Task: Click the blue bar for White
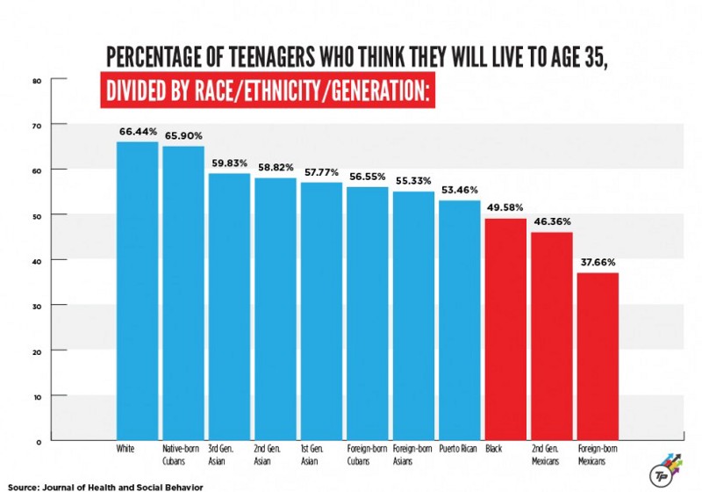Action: [137, 290]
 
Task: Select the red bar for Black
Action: [505, 329]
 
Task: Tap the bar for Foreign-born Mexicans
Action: [598, 356]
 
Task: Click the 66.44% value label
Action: [138, 132]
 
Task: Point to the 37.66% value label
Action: [598, 262]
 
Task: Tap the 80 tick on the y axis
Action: [37, 81]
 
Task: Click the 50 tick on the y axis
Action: [37, 215]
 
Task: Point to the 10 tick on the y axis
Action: [37, 395]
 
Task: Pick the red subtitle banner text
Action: [269, 92]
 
